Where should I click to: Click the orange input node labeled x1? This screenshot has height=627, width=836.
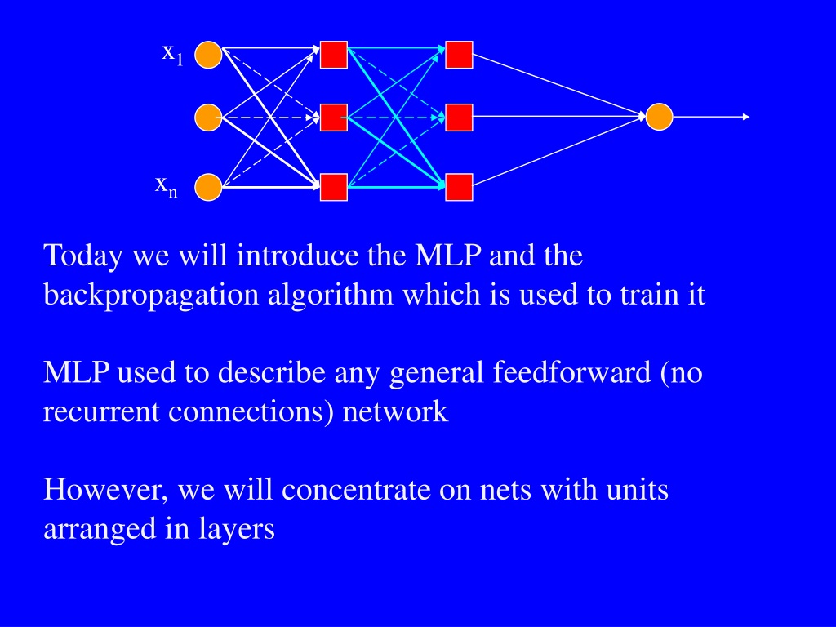click(x=208, y=55)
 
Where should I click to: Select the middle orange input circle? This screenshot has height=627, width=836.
click(x=208, y=118)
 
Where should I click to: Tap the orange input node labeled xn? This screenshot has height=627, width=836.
click(x=208, y=187)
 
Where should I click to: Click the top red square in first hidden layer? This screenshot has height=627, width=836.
click(x=334, y=55)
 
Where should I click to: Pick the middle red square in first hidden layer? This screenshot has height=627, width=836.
click(x=334, y=118)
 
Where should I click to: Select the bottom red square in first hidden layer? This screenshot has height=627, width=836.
click(x=334, y=187)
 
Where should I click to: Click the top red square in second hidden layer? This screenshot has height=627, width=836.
click(x=459, y=55)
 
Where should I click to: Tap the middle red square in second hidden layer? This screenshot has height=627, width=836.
click(x=459, y=118)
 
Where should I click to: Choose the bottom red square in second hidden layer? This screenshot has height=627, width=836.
click(x=459, y=187)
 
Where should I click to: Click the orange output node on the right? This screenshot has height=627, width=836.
click(x=659, y=117)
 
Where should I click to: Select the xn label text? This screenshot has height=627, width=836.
click(x=166, y=187)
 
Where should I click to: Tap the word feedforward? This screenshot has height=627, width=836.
click(x=571, y=371)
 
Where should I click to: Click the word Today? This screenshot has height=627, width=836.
click(x=83, y=256)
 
